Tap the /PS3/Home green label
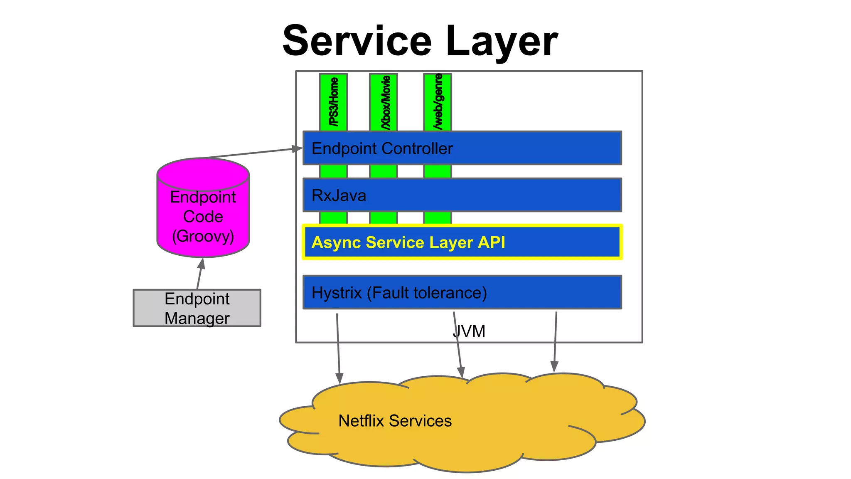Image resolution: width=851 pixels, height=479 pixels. [x=333, y=102]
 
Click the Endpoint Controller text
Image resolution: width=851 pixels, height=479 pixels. [x=382, y=148]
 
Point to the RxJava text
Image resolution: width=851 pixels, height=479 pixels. [x=339, y=195]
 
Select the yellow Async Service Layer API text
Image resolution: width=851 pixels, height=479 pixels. [x=408, y=242]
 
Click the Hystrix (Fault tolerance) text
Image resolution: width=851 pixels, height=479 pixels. [x=399, y=293]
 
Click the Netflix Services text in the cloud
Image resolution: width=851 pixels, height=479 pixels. [x=395, y=421]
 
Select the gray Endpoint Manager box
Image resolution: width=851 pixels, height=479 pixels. [x=197, y=308]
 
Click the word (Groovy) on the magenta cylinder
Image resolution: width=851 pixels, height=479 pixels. [x=203, y=236]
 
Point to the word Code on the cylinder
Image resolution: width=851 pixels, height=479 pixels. [x=203, y=217]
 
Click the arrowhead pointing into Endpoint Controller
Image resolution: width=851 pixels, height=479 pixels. [x=298, y=148]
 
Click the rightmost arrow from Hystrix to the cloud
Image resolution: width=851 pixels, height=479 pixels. [x=555, y=341]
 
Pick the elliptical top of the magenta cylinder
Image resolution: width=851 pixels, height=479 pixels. [x=203, y=173]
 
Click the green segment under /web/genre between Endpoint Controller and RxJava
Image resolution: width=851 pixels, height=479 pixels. [x=438, y=171]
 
